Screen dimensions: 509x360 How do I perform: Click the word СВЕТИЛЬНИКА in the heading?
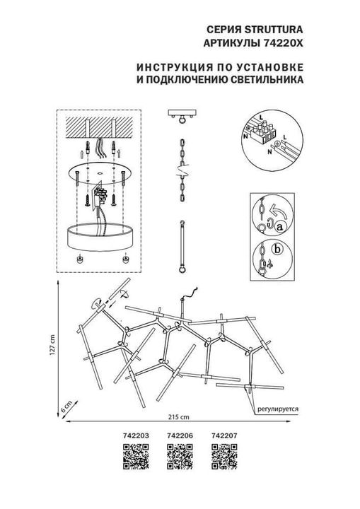pyautogui.click(x=268, y=81)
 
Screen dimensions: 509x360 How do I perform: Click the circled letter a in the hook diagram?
pyautogui.click(x=279, y=227)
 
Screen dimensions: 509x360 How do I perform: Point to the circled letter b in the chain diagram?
pyautogui.click(x=277, y=249)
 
